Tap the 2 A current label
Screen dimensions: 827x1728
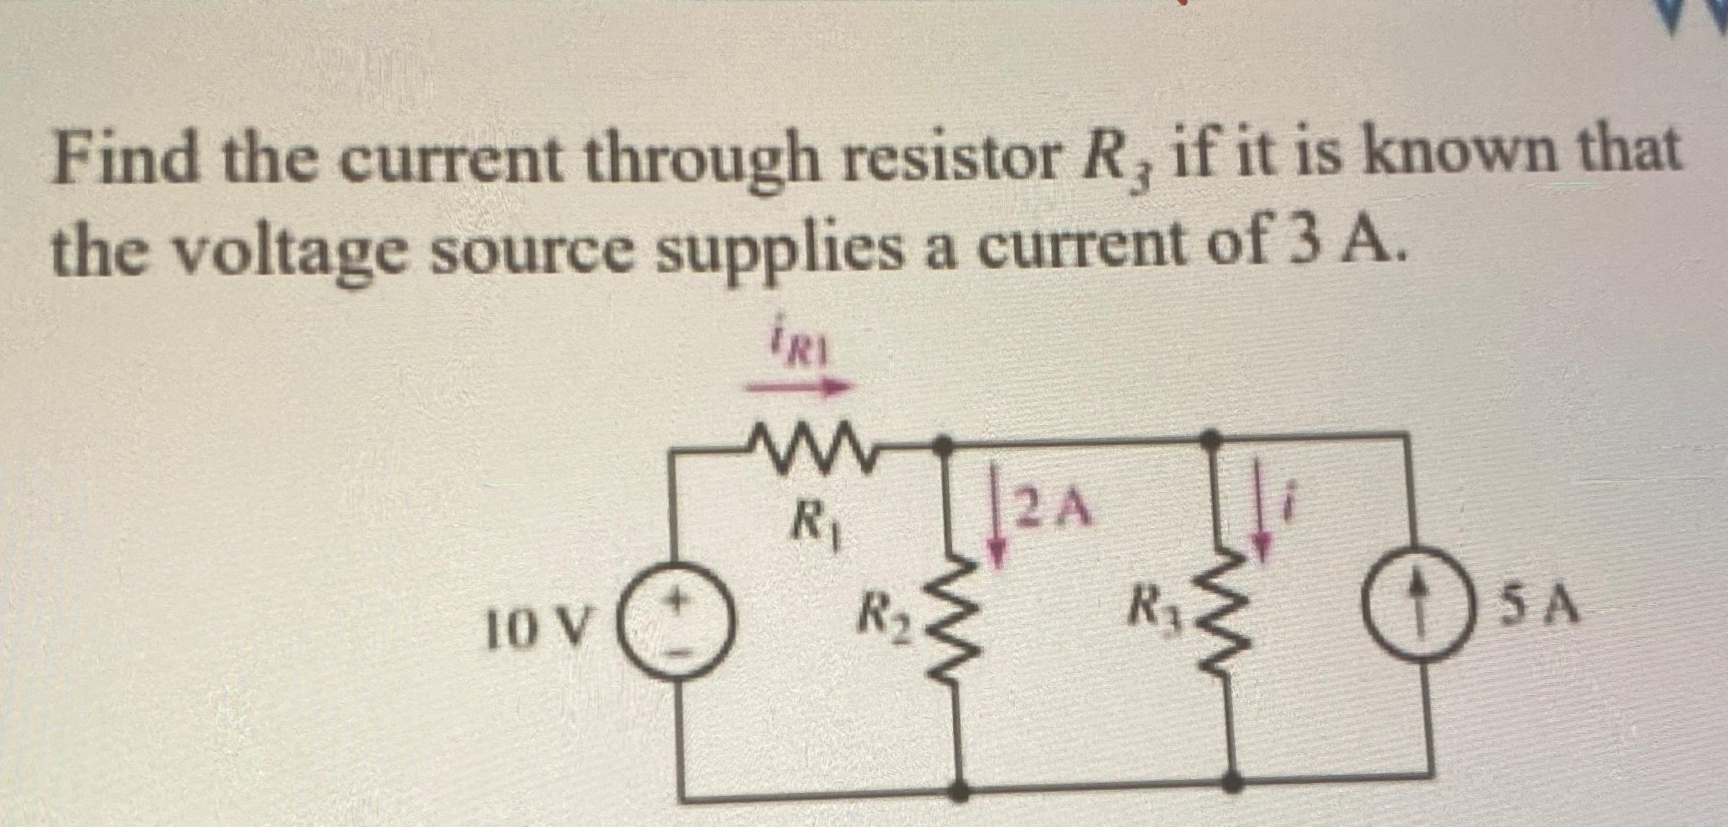click(1052, 508)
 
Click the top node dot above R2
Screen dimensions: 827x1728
click(943, 443)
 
